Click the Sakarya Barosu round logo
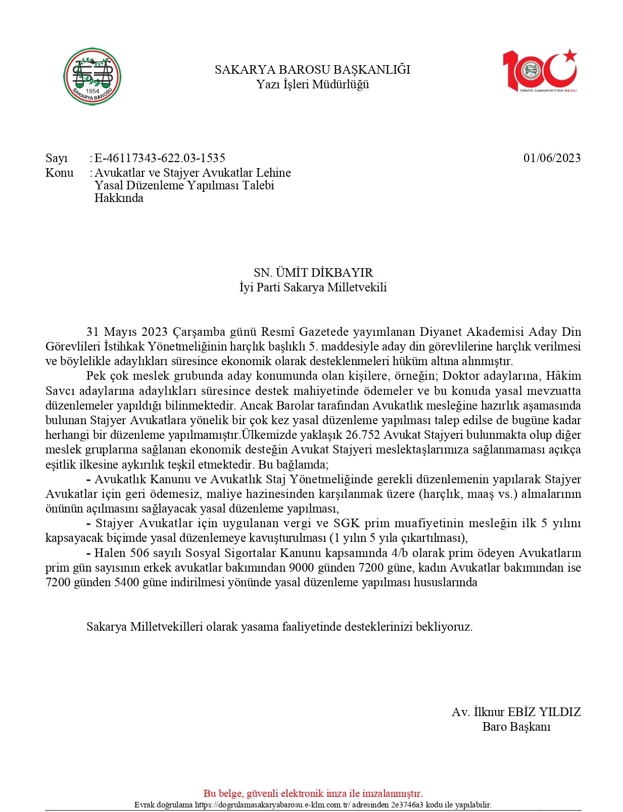[92, 76]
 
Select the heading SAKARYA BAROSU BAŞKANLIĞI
[312, 70]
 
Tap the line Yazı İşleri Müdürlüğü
[312, 84]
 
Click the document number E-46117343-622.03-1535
[160, 158]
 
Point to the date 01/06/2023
[552, 158]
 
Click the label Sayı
[56, 158]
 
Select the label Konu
[59, 173]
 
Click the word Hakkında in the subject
[119, 198]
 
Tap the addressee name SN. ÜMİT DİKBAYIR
[313, 273]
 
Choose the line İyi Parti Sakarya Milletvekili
[313, 287]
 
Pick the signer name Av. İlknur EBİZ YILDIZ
[516, 712]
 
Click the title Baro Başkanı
[516, 727]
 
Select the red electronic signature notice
[313, 793]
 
